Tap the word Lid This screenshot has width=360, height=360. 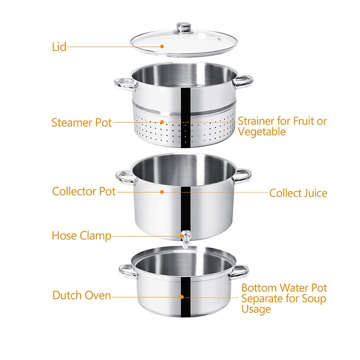coord(58,47)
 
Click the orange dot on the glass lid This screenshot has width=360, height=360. coord(162,46)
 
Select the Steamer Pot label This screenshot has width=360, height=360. coord(82,122)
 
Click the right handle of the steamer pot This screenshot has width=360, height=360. coord(243,81)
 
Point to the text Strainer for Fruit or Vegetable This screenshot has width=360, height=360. coord(282,126)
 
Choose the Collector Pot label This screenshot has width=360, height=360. coord(84,191)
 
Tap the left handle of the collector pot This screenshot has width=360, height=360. coord(125,177)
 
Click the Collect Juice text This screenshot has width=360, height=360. coord(298,193)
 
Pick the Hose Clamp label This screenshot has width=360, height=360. coord(82,236)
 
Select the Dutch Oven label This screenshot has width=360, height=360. coord(82,296)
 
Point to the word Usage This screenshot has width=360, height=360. coord(256,309)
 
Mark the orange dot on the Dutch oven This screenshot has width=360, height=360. coord(182,297)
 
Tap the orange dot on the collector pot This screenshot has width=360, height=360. coord(162,192)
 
